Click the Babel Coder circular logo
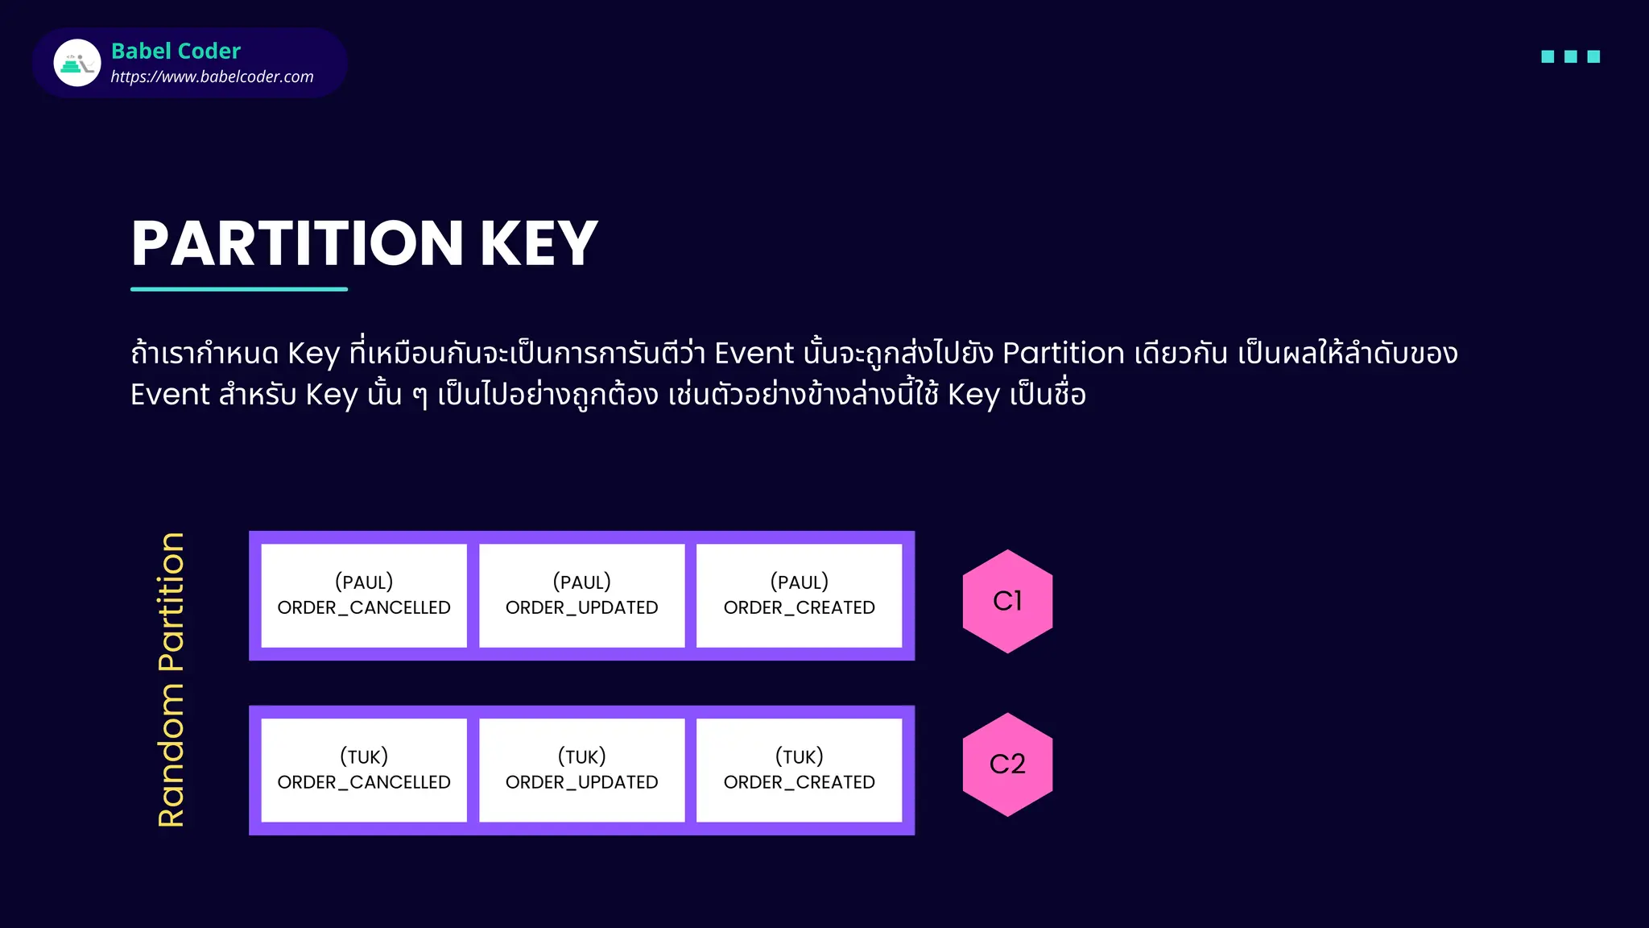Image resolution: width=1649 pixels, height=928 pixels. point(77,63)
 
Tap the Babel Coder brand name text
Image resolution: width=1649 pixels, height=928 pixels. point(176,51)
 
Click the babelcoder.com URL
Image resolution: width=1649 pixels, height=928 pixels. point(212,77)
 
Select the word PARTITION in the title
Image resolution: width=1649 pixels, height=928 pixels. point(297,243)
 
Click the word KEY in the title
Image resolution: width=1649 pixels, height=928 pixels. point(539,243)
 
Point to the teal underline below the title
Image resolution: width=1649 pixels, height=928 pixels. point(239,288)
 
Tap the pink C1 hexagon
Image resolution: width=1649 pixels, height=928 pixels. point(1007,601)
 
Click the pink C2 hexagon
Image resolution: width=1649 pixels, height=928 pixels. point(1007,764)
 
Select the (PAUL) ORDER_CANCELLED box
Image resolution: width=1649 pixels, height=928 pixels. point(364,595)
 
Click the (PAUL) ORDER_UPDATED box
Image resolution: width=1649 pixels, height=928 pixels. point(581,595)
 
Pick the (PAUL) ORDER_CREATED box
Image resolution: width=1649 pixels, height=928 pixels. point(799,595)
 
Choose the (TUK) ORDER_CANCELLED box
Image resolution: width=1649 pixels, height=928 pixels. point(364,770)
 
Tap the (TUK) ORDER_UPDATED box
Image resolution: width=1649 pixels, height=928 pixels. point(581,770)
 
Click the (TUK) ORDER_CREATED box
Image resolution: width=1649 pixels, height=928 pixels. point(799,770)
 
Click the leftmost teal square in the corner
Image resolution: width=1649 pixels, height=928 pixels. point(1548,56)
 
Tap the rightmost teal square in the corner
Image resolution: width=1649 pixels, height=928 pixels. point(1593,56)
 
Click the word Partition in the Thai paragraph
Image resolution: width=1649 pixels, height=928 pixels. point(1063,354)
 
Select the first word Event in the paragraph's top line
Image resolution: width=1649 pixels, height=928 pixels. point(754,354)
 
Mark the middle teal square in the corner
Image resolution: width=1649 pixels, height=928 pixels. point(1570,56)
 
